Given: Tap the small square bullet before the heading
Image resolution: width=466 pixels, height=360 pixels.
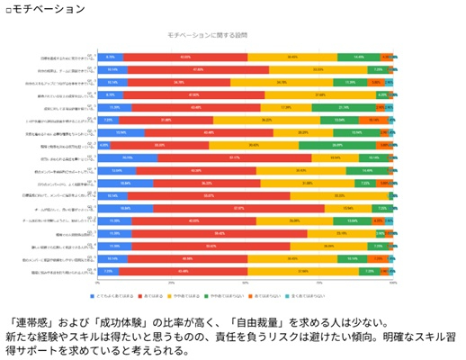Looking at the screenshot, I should (8, 9).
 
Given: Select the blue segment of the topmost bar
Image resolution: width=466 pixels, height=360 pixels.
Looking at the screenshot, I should (110, 56).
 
